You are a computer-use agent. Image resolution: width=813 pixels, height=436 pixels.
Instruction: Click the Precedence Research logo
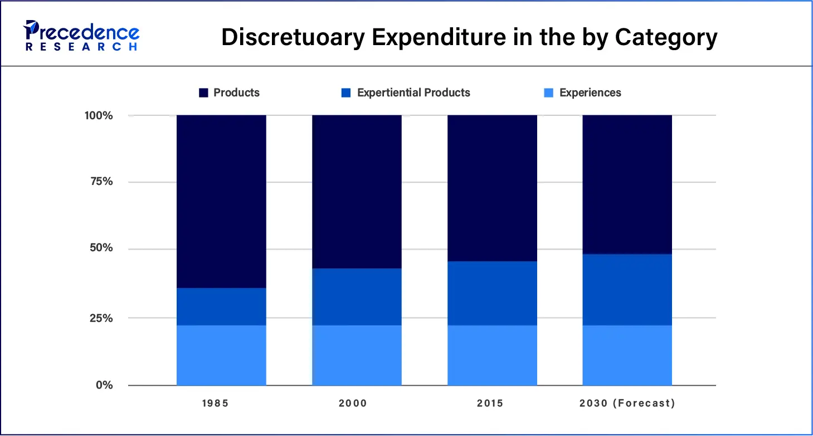pos(81,35)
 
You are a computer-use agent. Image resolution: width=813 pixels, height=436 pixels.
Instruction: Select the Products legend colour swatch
pos(204,93)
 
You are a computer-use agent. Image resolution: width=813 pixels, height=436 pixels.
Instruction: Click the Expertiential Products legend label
pos(413,93)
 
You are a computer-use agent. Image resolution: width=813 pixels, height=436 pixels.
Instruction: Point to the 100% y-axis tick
pos(99,116)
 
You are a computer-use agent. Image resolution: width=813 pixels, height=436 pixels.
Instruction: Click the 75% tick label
pos(101,182)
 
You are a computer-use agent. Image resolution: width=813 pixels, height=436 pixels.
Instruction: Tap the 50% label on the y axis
pos(101,248)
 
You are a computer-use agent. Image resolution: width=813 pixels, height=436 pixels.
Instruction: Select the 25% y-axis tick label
pos(101,319)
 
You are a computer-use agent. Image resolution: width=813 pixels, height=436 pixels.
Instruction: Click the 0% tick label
pos(104,385)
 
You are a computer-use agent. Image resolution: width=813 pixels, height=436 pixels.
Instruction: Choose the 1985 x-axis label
pos(215,403)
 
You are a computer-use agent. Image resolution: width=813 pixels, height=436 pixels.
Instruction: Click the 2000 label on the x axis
pos(353,403)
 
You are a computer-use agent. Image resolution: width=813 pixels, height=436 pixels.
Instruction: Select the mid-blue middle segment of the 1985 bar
pos(221,306)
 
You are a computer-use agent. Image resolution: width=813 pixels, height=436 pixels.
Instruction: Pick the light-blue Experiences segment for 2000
pos(357,355)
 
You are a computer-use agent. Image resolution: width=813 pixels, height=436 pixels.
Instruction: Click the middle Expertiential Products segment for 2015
pos(492,293)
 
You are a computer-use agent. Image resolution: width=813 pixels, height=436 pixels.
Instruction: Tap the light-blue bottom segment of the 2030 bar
pos(627,355)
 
